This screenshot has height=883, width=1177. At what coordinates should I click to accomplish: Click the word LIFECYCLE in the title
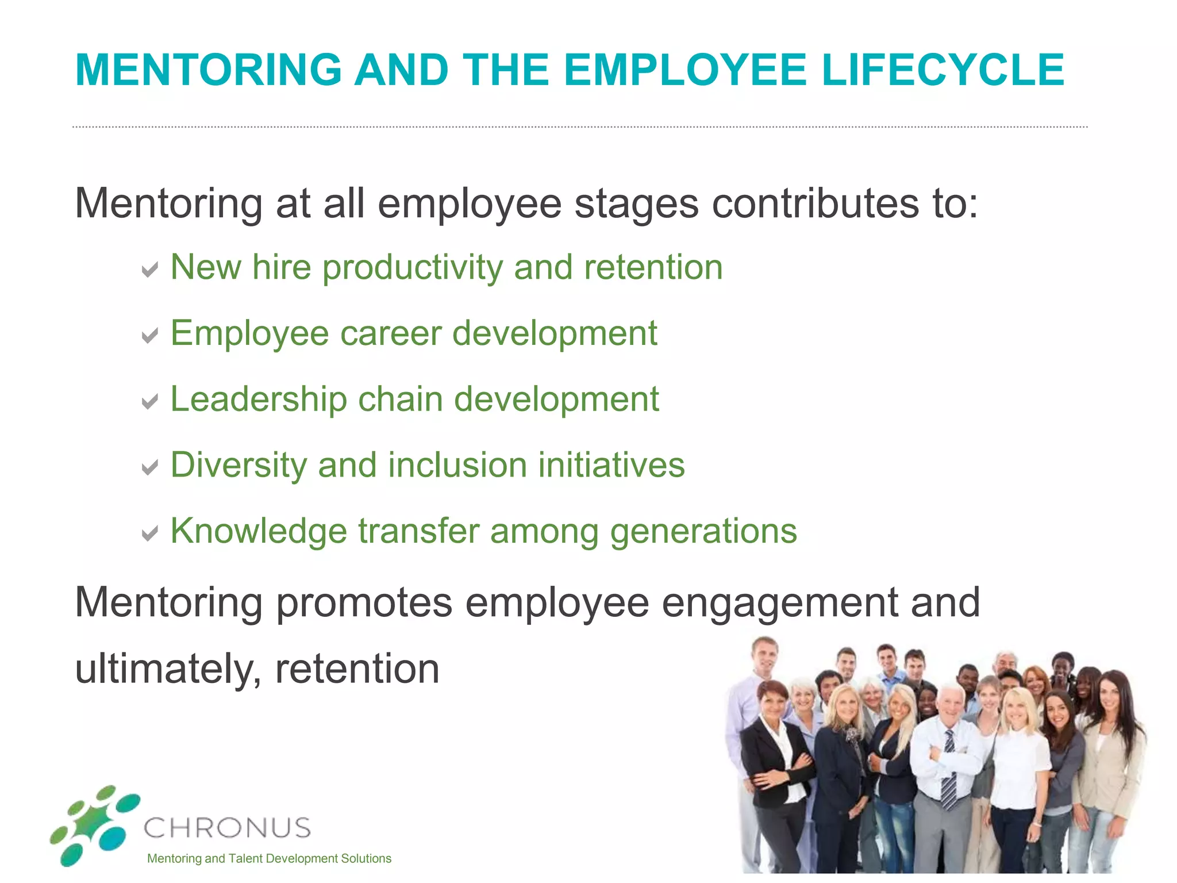pos(943,70)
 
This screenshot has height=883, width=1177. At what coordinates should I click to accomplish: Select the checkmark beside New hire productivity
pos(150,269)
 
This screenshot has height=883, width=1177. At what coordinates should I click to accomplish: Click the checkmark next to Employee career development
pos(150,335)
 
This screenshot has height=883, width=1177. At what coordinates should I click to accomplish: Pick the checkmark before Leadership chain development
pos(150,401)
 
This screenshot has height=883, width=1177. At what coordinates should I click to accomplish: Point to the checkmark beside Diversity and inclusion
pos(150,467)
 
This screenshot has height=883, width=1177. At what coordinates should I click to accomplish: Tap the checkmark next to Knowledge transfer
pos(150,533)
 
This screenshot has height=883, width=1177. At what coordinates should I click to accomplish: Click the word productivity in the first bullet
pos(412,269)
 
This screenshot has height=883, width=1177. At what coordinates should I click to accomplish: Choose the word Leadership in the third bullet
pos(259,400)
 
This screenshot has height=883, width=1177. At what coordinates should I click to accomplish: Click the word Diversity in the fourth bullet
pos(239,466)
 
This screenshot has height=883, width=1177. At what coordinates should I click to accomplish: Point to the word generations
pos(703,532)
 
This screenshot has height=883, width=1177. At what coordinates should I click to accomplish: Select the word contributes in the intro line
pos(815,204)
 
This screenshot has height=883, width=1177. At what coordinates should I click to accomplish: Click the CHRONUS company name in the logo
pos(227,828)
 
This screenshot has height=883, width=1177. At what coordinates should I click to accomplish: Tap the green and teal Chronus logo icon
pos(95,825)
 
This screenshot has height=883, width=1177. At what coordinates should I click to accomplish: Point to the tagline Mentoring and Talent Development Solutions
pos(269,859)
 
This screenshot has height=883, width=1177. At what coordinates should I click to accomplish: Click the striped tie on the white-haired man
pos(949,770)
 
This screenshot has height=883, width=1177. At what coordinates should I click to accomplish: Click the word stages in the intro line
pos(636,205)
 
